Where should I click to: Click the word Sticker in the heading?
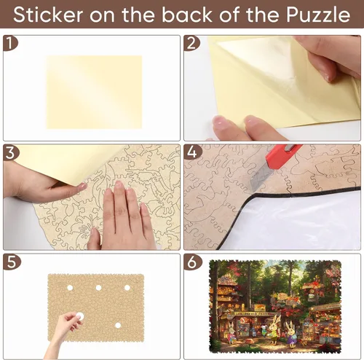tap(48, 15)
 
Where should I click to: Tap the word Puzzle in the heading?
tap(318, 15)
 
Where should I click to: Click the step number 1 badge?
tap(10, 43)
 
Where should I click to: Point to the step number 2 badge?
tap(191, 44)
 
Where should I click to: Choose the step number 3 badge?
tap(11, 153)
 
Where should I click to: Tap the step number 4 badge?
tap(192, 152)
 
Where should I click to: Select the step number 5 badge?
tap(12, 262)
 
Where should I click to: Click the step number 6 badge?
tap(192, 262)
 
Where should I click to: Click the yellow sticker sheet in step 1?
tap(94, 92)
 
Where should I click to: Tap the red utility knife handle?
tap(283, 155)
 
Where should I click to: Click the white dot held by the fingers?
tap(80, 316)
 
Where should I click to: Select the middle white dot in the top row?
tap(98, 288)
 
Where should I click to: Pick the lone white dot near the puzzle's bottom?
tap(118, 325)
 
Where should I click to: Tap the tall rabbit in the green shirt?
tap(274, 329)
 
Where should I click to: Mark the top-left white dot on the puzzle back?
tap(70, 288)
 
